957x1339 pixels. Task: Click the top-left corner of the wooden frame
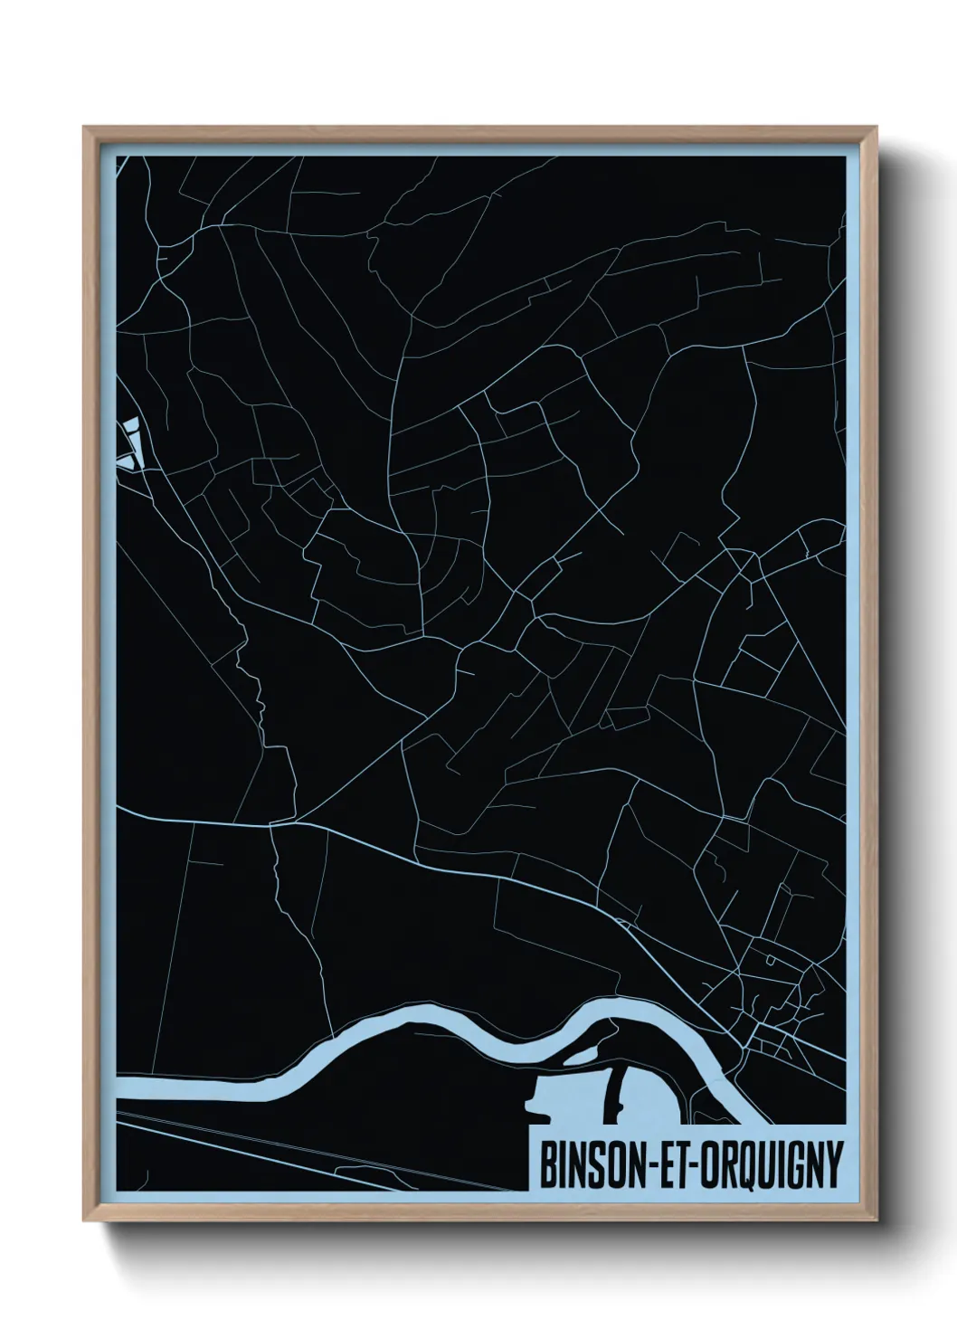click(x=85, y=128)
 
